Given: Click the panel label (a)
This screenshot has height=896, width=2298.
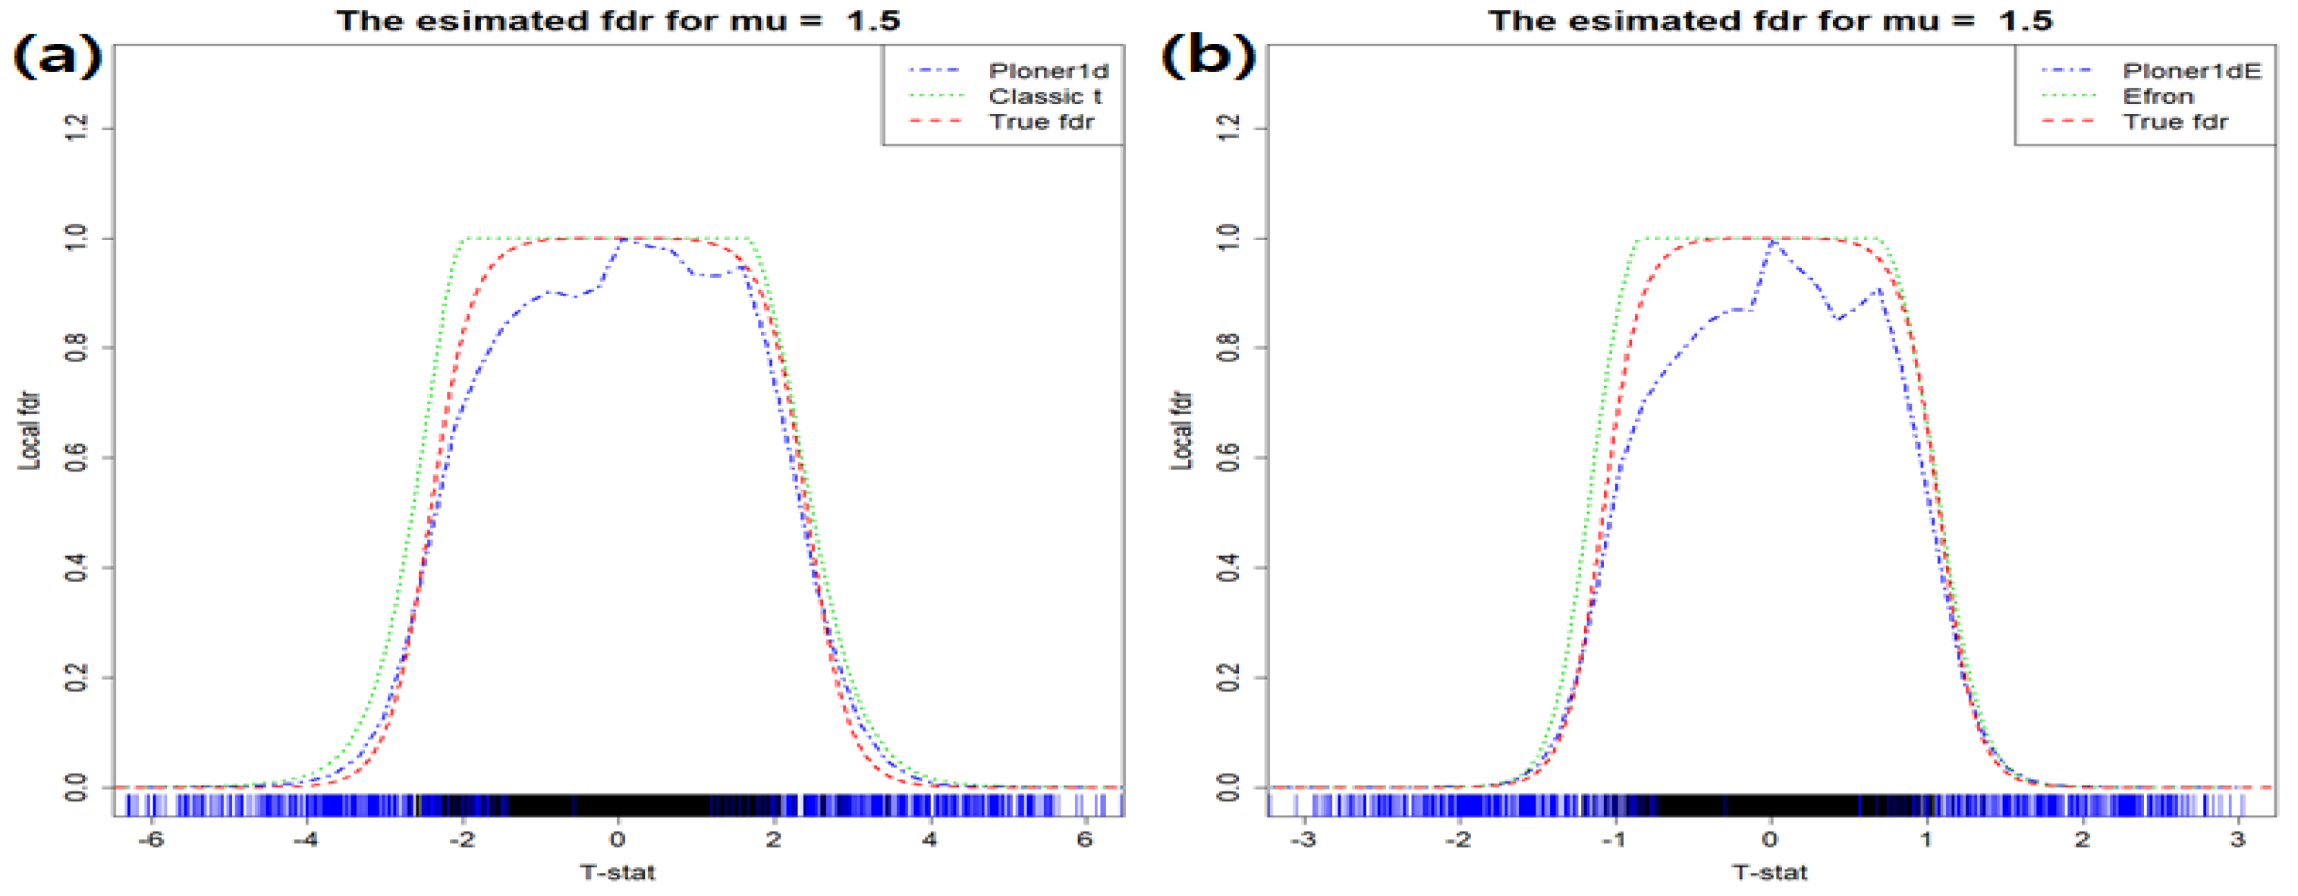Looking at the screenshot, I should point(57,57).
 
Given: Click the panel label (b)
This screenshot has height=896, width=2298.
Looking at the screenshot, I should point(1208,57).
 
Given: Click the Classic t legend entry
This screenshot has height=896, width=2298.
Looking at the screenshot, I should point(1045,96).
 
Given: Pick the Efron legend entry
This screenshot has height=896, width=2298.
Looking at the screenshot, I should point(2157,96).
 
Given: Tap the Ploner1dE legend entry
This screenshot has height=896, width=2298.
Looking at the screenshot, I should point(2191,71).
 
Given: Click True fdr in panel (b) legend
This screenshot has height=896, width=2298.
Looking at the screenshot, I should point(2174,122).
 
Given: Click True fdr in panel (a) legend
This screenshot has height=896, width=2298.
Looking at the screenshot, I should point(1041,122).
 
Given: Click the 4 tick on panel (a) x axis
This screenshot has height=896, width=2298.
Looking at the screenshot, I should point(929,839).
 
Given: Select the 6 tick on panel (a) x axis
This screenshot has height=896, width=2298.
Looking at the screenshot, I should point(1085,839).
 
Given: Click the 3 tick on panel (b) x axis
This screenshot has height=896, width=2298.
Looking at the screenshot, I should point(2237,839).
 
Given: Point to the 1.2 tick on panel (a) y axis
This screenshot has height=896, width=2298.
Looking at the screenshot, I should point(77,128).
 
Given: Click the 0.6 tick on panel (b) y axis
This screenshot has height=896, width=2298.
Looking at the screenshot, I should point(1228,458).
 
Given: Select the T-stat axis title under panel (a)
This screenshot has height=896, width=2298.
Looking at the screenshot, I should point(618,872).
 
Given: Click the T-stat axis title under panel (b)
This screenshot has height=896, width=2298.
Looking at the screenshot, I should point(1770,872).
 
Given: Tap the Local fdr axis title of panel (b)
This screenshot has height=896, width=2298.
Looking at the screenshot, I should point(1181,430).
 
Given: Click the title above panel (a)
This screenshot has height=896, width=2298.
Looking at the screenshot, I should point(618,20).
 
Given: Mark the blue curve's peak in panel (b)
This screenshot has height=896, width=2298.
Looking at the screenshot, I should point(1772,241).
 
